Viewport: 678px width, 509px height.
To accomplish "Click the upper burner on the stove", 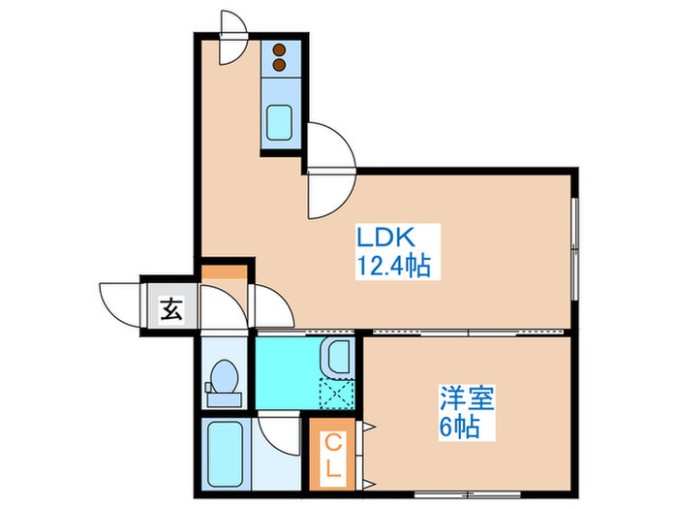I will tap(280, 49).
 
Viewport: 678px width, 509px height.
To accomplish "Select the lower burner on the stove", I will tap(280, 65).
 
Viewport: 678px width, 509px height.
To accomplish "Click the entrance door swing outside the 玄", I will tap(121, 302).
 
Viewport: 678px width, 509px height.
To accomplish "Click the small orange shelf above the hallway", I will tap(226, 270).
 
